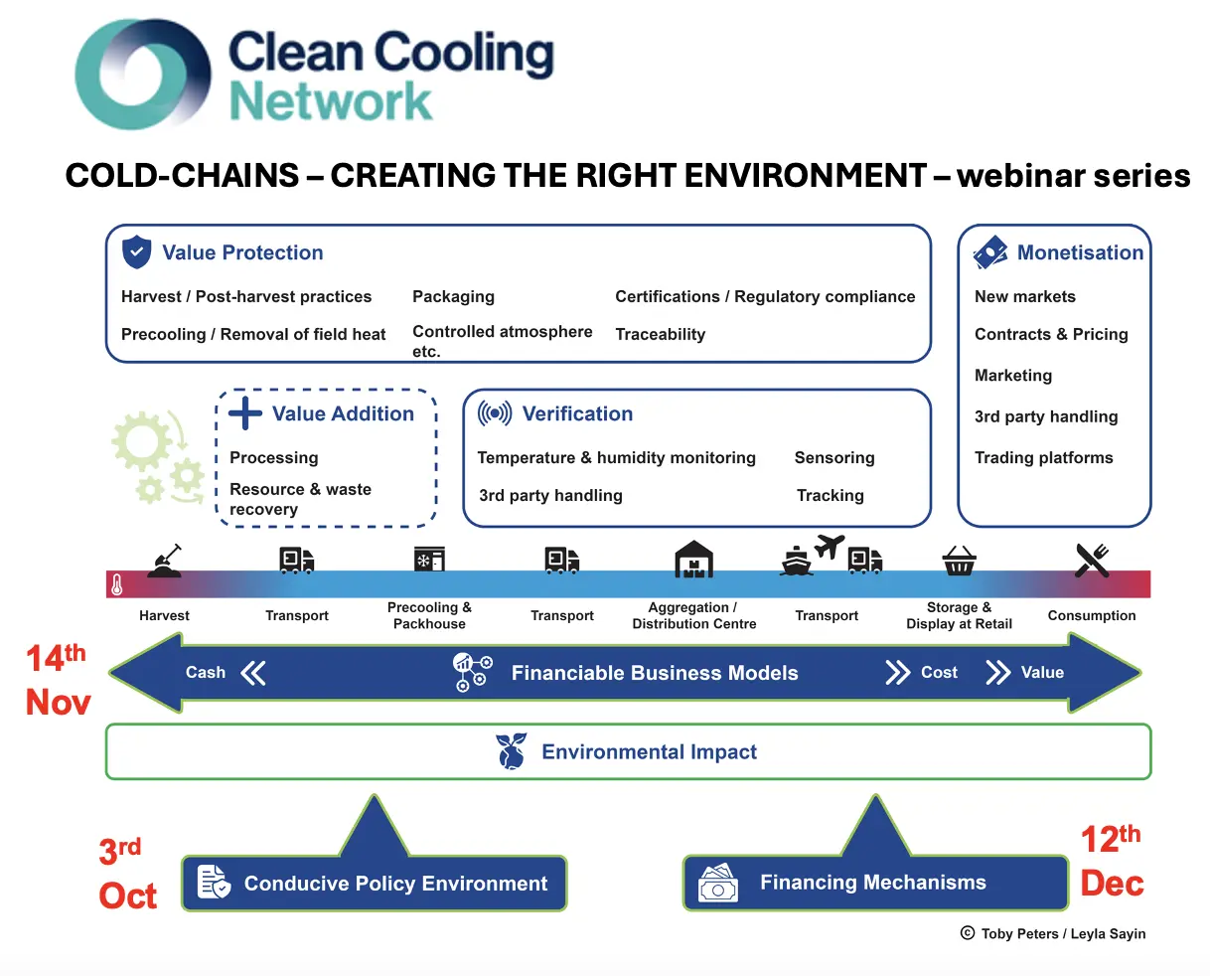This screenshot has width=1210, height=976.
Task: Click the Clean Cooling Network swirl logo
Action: click(144, 75)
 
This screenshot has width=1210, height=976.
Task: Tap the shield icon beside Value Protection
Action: click(136, 252)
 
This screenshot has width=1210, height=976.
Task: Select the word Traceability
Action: click(660, 334)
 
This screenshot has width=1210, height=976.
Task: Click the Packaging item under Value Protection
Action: click(453, 296)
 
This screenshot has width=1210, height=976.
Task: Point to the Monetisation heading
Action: click(1080, 252)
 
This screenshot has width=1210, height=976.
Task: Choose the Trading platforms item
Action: click(1043, 457)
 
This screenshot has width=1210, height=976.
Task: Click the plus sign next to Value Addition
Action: click(245, 413)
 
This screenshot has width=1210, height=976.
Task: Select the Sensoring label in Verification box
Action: click(834, 457)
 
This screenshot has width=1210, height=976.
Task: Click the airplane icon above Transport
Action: click(829, 546)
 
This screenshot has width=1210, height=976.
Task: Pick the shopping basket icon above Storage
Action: click(959, 562)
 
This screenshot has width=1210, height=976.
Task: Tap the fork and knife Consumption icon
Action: click(1092, 561)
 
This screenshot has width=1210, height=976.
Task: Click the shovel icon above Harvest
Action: click(165, 561)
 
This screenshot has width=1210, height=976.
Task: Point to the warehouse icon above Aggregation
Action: click(693, 560)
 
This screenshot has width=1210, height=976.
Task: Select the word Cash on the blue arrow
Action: click(206, 673)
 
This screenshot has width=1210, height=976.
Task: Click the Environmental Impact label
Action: click(649, 752)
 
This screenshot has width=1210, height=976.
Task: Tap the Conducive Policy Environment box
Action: click(375, 884)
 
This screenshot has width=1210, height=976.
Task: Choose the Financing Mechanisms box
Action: click(874, 883)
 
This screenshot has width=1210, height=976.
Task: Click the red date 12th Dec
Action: click(1112, 862)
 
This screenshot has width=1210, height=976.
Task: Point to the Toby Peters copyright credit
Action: click(1053, 933)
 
